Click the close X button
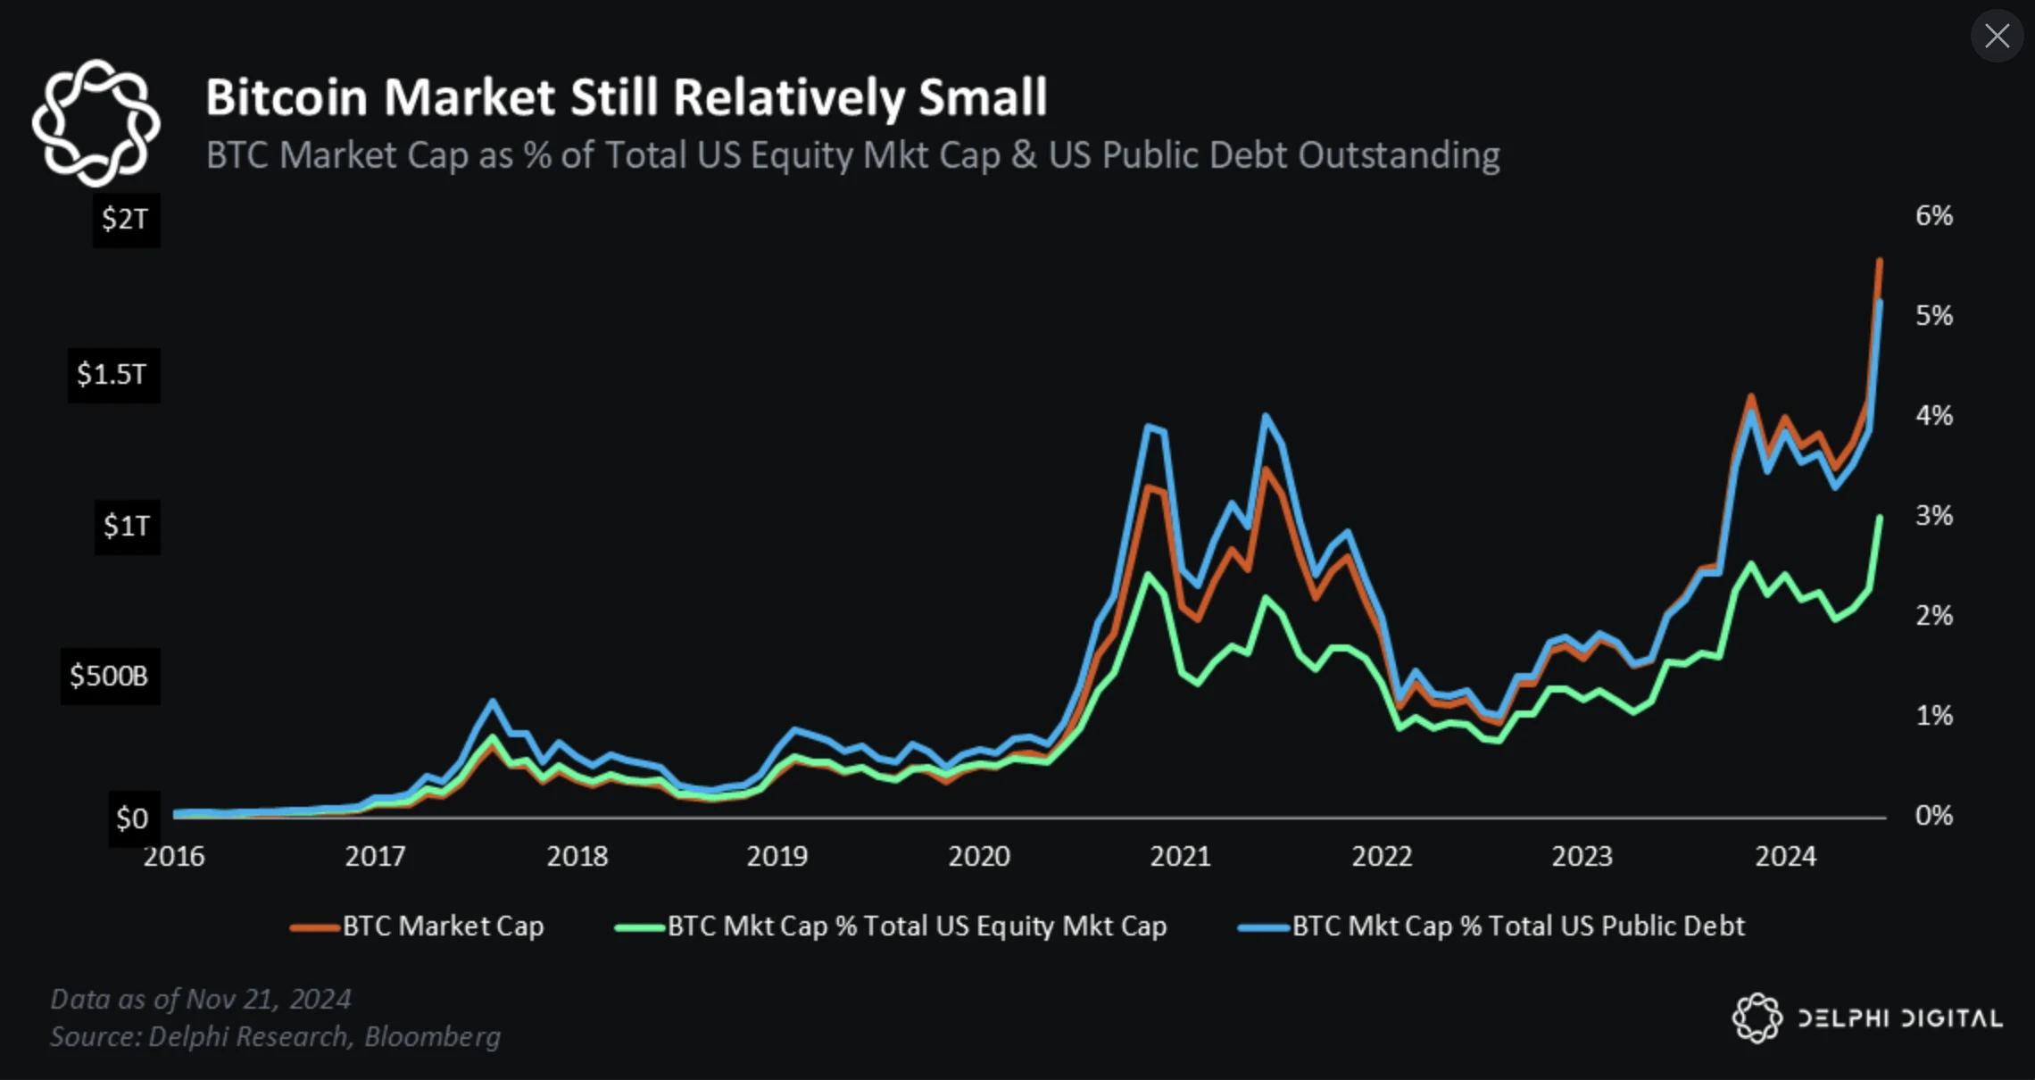point(1997,36)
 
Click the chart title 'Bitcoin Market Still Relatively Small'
point(626,97)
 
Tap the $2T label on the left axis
point(125,219)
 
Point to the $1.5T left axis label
point(112,374)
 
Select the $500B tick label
point(109,676)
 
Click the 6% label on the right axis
point(1933,216)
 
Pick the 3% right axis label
point(1933,516)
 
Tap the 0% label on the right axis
point(1933,815)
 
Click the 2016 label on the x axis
point(174,857)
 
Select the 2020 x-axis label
point(979,857)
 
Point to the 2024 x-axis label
point(1785,857)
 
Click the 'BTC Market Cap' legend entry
point(418,926)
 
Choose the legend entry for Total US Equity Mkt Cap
point(892,926)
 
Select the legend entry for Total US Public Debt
point(1491,926)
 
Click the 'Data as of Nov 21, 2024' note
point(201,999)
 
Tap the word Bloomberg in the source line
point(433,1037)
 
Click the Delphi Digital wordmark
point(1899,1018)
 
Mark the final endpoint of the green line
point(1880,519)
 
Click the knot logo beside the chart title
point(96,122)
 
